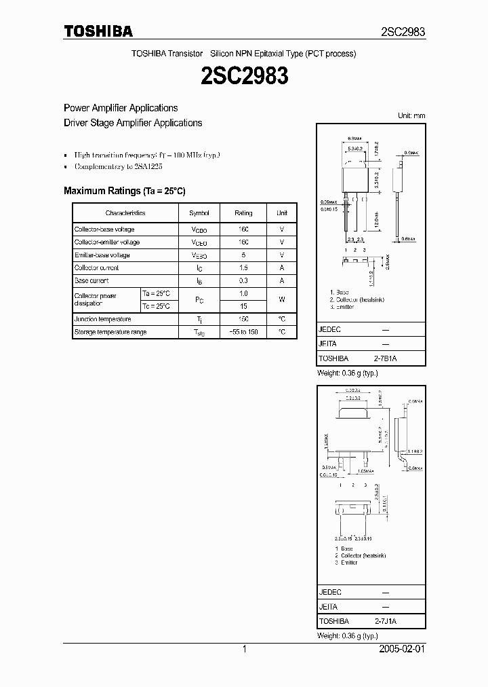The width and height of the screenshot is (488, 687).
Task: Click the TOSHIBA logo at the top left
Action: click(98, 31)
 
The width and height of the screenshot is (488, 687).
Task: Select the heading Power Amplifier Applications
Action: click(121, 108)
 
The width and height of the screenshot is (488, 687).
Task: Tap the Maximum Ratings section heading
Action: click(124, 191)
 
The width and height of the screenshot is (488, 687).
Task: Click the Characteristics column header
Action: click(125, 213)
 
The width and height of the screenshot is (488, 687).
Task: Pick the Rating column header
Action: click(243, 213)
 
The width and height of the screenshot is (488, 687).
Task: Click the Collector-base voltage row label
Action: click(104, 229)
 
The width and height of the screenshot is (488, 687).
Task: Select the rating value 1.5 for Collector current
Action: click(243, 268)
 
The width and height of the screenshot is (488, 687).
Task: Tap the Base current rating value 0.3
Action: click(243, 280)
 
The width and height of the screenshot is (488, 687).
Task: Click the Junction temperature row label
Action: click(103, 319)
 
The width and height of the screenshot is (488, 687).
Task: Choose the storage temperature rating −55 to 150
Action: click(243, 332)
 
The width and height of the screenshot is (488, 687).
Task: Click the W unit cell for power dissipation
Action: click(282, 300)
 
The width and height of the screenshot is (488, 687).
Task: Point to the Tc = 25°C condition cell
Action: click(156, 306)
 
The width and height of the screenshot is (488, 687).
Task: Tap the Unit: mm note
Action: click(411, 116)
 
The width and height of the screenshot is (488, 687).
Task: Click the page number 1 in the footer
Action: click(244, 650)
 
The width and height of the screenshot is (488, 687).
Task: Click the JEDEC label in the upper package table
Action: click(329, 329)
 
